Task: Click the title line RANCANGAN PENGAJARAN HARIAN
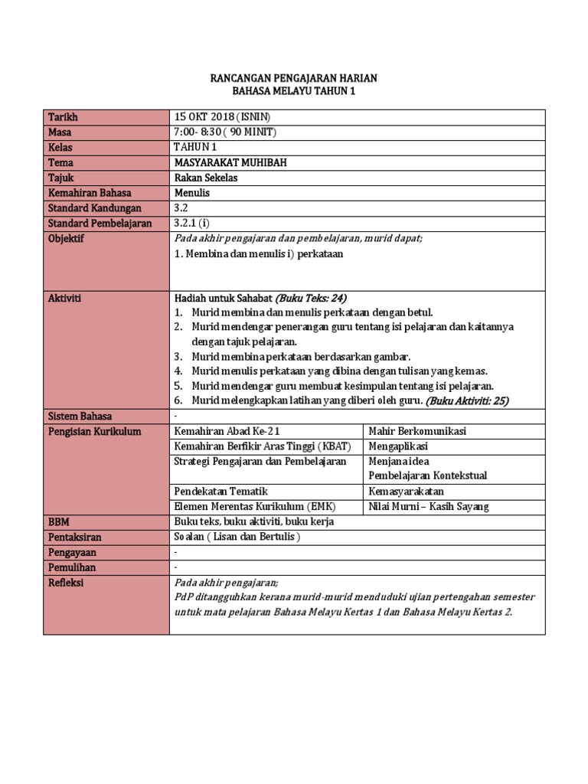(294, 79)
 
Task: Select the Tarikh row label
(64, 117)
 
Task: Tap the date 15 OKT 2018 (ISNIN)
(222, 117)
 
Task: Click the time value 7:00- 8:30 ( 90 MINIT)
(225, 132)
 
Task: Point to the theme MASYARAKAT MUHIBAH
(232, 162)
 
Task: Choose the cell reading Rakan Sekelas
(206, 178)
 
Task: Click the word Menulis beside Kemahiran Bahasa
(192, 193)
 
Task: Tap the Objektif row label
(67, 239)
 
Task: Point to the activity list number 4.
(178, 371)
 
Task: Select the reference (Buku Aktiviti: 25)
(468, 400)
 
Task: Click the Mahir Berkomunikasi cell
(417, 431)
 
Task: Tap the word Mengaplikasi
(398, 446)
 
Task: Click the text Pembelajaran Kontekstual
(427, 475)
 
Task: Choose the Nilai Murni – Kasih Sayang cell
(428, 506)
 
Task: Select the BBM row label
(59, 521)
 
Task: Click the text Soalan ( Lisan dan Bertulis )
(237, 537)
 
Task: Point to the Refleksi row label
(66, 583)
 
